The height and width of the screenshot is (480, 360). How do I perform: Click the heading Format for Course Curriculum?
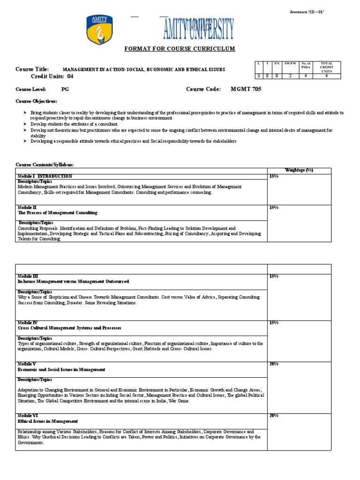(180, 49)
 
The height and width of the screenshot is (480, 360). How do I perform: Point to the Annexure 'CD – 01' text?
(307, 12)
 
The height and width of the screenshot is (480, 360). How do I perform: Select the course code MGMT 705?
(246, 89)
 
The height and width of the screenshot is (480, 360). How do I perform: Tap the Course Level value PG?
(65, 89)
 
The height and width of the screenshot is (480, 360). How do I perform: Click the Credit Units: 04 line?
(52, 76)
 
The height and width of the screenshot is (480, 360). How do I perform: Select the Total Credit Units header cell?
(326, 67)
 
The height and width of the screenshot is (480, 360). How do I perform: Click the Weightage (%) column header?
(299, 170)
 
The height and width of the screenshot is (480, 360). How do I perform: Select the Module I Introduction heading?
(45, 176)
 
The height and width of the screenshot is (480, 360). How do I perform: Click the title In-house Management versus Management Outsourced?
(73, 281)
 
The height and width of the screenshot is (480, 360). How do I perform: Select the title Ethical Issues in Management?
(48, 421)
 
